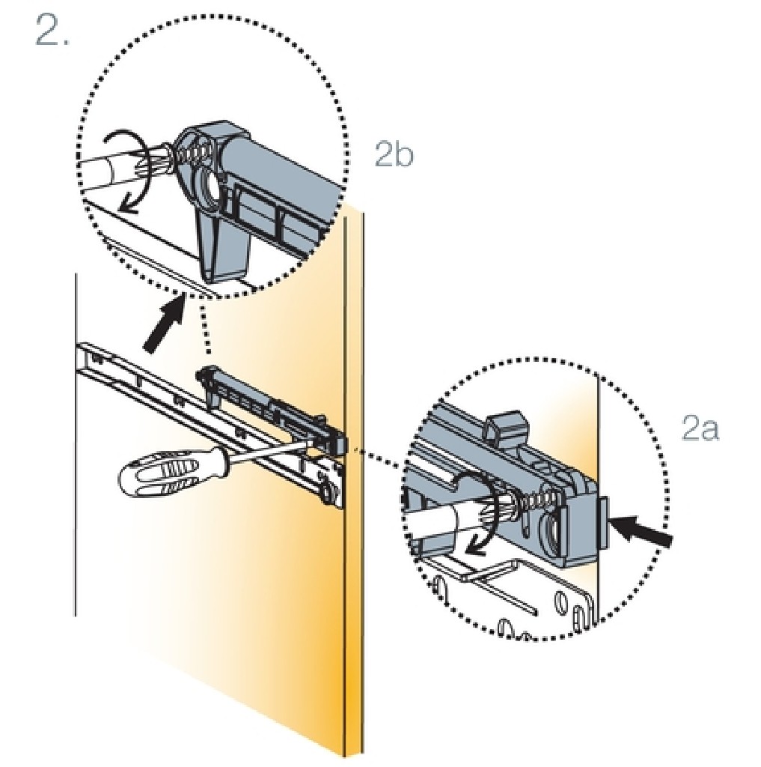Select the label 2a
click(700, 430)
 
